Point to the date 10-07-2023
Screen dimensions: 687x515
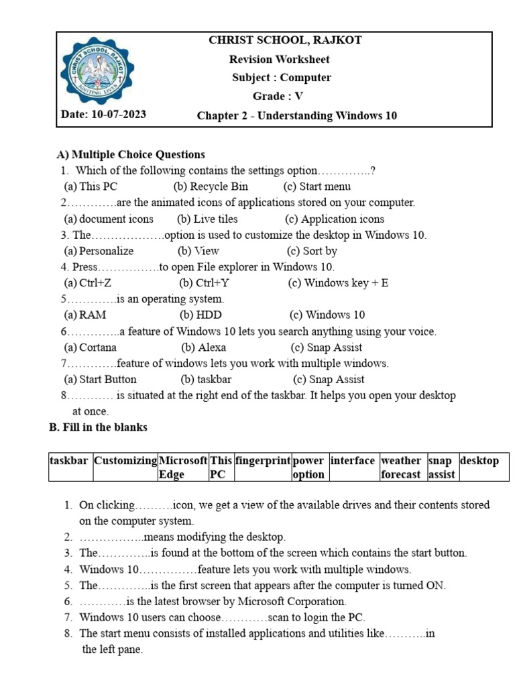103,115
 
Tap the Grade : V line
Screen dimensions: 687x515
278,97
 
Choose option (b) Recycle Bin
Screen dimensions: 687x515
211,187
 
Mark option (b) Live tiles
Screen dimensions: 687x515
207,219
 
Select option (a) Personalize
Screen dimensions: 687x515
99,251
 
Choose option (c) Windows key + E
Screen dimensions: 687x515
338,283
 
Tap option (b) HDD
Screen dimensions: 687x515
201,315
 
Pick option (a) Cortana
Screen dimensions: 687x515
90,348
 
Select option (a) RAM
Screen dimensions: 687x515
85,315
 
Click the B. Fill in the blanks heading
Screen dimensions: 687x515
98,427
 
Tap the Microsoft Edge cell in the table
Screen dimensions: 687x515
182,467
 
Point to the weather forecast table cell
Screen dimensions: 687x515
401,467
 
